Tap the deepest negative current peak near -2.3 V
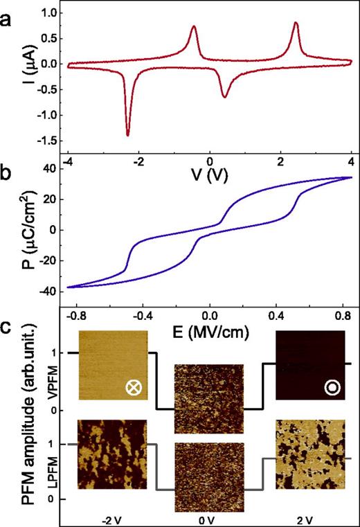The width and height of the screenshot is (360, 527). pyautogui.click(x=127, y=134)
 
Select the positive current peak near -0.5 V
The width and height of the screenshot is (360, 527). pyautogui.click(x=193, y=27)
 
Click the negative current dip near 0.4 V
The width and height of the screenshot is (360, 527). pyautogui.click(x=224, y=96)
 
